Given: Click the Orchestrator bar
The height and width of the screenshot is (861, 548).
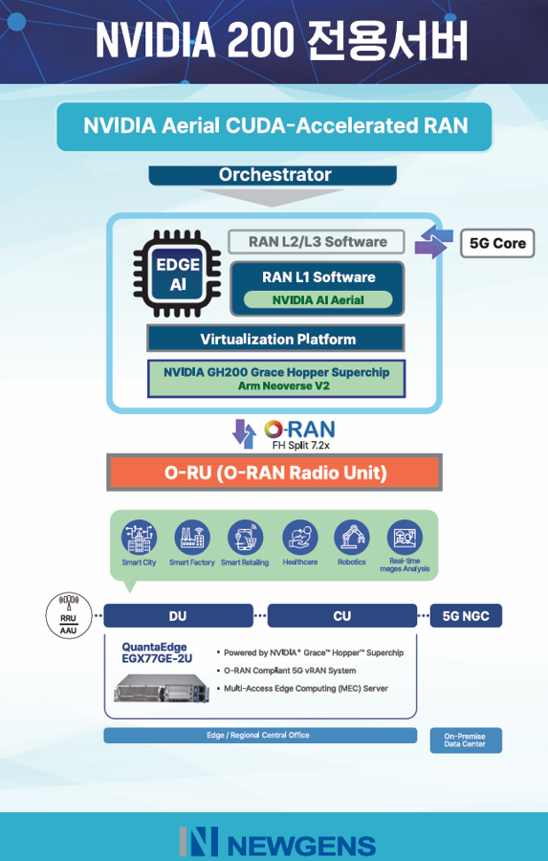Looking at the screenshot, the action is [x=273, y=175].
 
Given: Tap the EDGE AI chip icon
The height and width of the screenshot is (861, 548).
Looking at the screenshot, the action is [x=177, y=274].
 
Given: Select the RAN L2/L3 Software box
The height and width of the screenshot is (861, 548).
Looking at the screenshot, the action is [x=317, y=242].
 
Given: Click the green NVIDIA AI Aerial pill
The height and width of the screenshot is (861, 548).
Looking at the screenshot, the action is [x=318, y=299].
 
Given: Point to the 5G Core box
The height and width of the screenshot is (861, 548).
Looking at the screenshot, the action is [x=497, y=243].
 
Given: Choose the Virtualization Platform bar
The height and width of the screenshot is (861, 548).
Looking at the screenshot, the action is [x=275, y=339].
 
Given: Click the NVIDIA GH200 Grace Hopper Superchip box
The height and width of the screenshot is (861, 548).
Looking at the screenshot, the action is [x=276, y=378].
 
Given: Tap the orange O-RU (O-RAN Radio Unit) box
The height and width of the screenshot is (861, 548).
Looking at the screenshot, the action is [x=274, y=473].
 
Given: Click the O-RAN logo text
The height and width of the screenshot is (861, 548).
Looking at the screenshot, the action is [x=299, y=430].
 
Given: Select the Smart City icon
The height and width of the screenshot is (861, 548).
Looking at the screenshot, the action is [x=139, y=537].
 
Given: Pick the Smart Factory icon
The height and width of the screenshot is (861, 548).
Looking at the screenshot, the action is [x=192, y=537].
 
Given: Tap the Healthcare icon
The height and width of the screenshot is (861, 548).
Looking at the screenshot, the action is [x=299, y=537].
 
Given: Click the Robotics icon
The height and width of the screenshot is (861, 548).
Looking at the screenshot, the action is [x=352, y=537].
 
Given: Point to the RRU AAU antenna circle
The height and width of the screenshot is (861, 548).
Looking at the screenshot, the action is [x=69, y=615].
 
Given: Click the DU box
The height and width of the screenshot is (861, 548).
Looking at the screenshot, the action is [x=179, y=615].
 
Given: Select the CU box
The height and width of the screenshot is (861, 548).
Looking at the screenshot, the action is [x=342, y=615].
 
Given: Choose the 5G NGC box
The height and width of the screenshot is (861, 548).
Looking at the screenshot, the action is [x=466, y=615].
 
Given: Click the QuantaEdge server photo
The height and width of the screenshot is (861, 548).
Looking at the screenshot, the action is [x=162, y=687].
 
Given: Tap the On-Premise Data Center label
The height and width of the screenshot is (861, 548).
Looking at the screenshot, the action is [x=466, y=740].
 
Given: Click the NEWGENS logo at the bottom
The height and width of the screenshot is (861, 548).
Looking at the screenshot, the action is [x=277, y=842].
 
